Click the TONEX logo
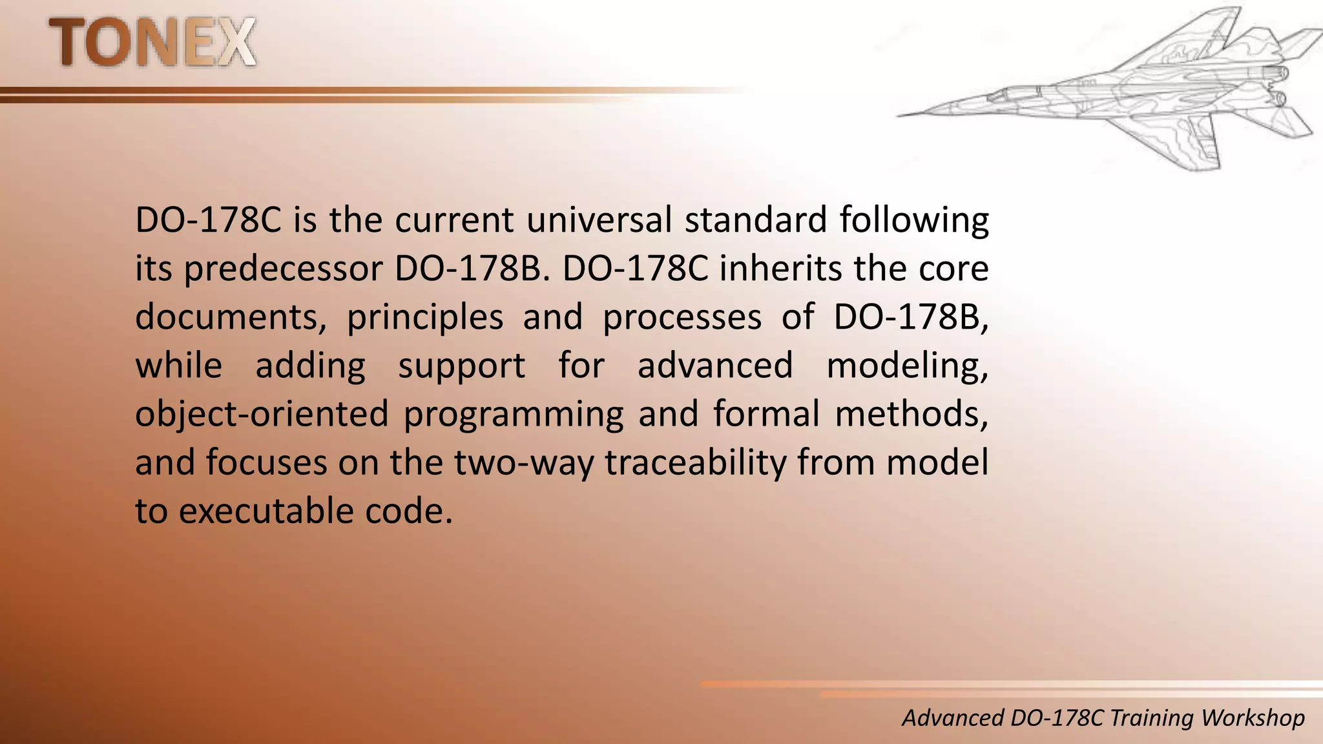[x=152, y=43]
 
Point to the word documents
[x=231, y=317]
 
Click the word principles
[x=425, y=317]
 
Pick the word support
[x=461, y=366]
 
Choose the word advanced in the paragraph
[x=715, y=365]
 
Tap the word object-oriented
[x=262, y=414]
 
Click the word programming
[x=514, y=414]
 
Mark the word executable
[x=266, y=511]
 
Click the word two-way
[x=524, y=462]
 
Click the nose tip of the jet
[x=899, y=116]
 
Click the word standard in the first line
[x=756, y=220]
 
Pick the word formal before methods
[x=767, y=414]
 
